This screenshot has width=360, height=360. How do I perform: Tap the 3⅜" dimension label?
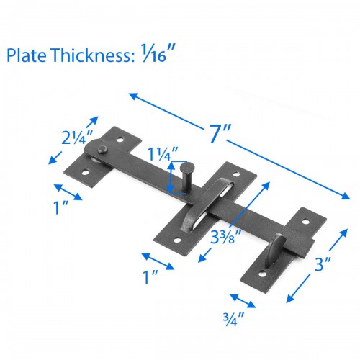click(222, 236)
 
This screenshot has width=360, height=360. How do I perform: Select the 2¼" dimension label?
click(76, 138)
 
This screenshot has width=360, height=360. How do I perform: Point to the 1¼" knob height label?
click(162, 153)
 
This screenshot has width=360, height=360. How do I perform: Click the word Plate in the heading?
click(27, 55)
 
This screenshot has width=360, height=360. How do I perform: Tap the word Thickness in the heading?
click(92, 55)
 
